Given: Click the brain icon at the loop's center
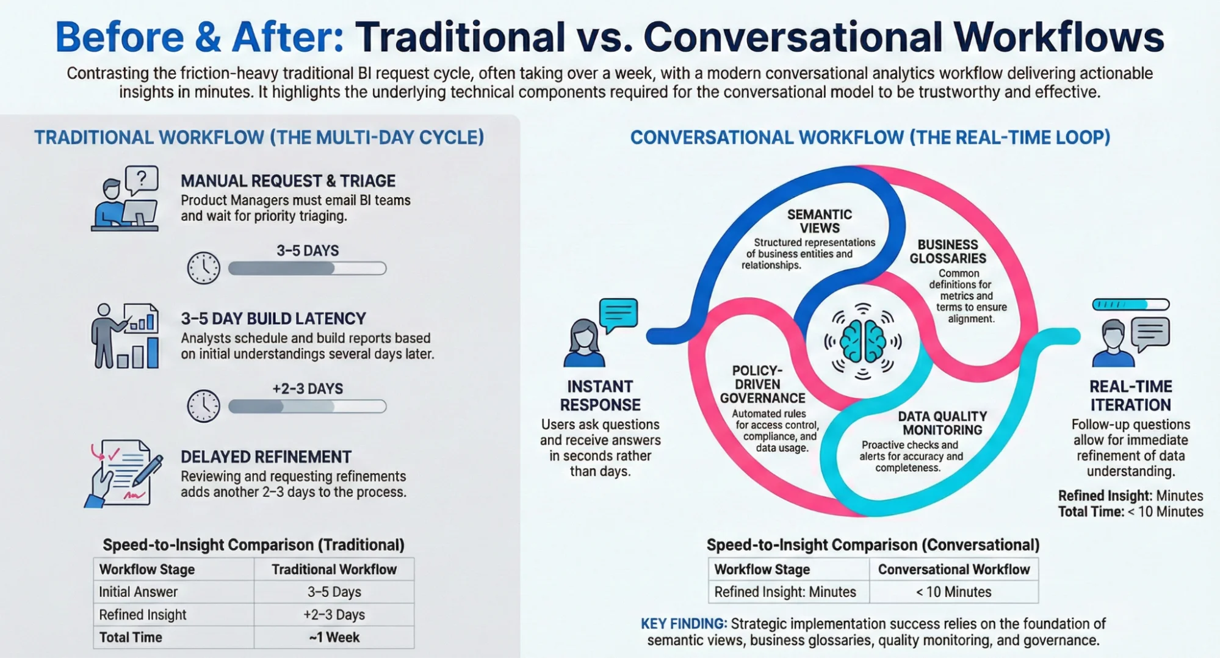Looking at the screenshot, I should coord(862,342).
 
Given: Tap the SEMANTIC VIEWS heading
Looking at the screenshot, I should coord(819,221).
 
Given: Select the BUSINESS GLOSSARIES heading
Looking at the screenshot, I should coord(948,251).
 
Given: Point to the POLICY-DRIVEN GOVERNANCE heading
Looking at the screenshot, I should coord(762,385).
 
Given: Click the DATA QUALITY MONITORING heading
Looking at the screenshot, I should coord(942,423).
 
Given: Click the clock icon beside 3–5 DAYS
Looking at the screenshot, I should coord(203,268).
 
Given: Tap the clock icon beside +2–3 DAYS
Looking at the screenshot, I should coord(203,406).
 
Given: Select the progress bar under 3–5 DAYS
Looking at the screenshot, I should coord(307,268).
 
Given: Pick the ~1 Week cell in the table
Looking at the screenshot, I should coord(334,637).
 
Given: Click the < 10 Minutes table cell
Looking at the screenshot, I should coord(953,592).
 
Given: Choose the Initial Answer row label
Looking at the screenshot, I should coord(139,592).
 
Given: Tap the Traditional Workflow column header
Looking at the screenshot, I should coord(334,569).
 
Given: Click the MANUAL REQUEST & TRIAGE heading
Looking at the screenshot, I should coord(288,181).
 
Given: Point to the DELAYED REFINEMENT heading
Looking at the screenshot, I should coord(266,457).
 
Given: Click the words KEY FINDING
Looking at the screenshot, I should coord(683,624).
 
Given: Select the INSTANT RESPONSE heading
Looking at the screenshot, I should coord(600,396).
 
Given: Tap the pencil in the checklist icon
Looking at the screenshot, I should coord(149,471).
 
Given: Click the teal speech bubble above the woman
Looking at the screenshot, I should coord(618,314).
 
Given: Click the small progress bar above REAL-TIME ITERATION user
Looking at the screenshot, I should coord(1130,304).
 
